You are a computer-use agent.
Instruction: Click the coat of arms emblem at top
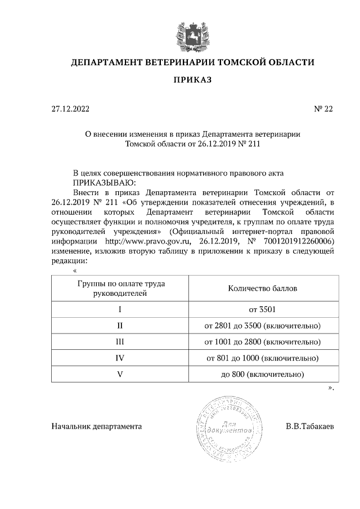pyautogui.click(x=192, y=33)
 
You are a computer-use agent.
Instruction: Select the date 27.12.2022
pyautogui.click(x=70, y=109)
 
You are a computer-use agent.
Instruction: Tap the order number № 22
pyautogui.click(x=323, y=109)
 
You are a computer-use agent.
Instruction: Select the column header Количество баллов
pyautogui.click(x=263, y=289)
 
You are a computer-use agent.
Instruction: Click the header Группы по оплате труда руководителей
pyautogui.click(x=120, y=289)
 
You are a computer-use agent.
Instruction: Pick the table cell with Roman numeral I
pyautogui.click(x=120, y=309)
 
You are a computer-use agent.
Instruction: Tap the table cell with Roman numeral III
pyautogui.click(x=120, y=341)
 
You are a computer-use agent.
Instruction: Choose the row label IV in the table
pyautogui.click(x=120, y=358)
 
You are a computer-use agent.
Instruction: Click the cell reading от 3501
pyautogui.click(x=263, y=309)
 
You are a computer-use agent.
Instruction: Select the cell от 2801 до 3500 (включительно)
pyautogui.click(x=263, y=326)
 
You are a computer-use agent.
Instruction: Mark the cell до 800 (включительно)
pyautogui.click(x=263, y=374)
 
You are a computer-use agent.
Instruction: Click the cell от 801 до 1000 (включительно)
pyautogui.click(x=263, y=358)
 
